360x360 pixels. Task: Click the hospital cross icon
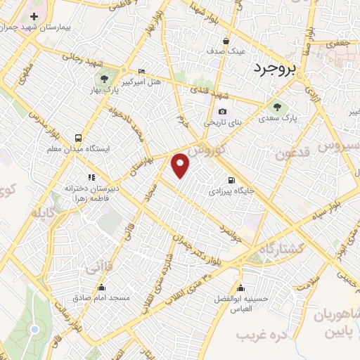coord(33,15)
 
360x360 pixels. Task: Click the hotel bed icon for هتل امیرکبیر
coord(142,71)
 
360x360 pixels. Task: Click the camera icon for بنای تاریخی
coord(222,111)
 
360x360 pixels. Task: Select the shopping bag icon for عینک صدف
coord(226,41)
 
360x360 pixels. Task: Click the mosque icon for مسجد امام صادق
coord(102,287)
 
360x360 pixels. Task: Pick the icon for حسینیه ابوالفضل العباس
coord(241,287)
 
